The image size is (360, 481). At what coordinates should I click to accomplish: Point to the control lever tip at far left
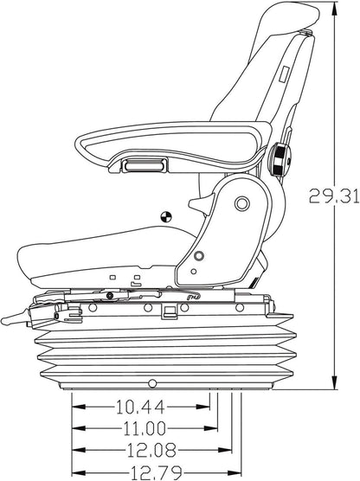coord(3,325)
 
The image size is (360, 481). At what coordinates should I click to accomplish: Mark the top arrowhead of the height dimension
coord(334,9)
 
